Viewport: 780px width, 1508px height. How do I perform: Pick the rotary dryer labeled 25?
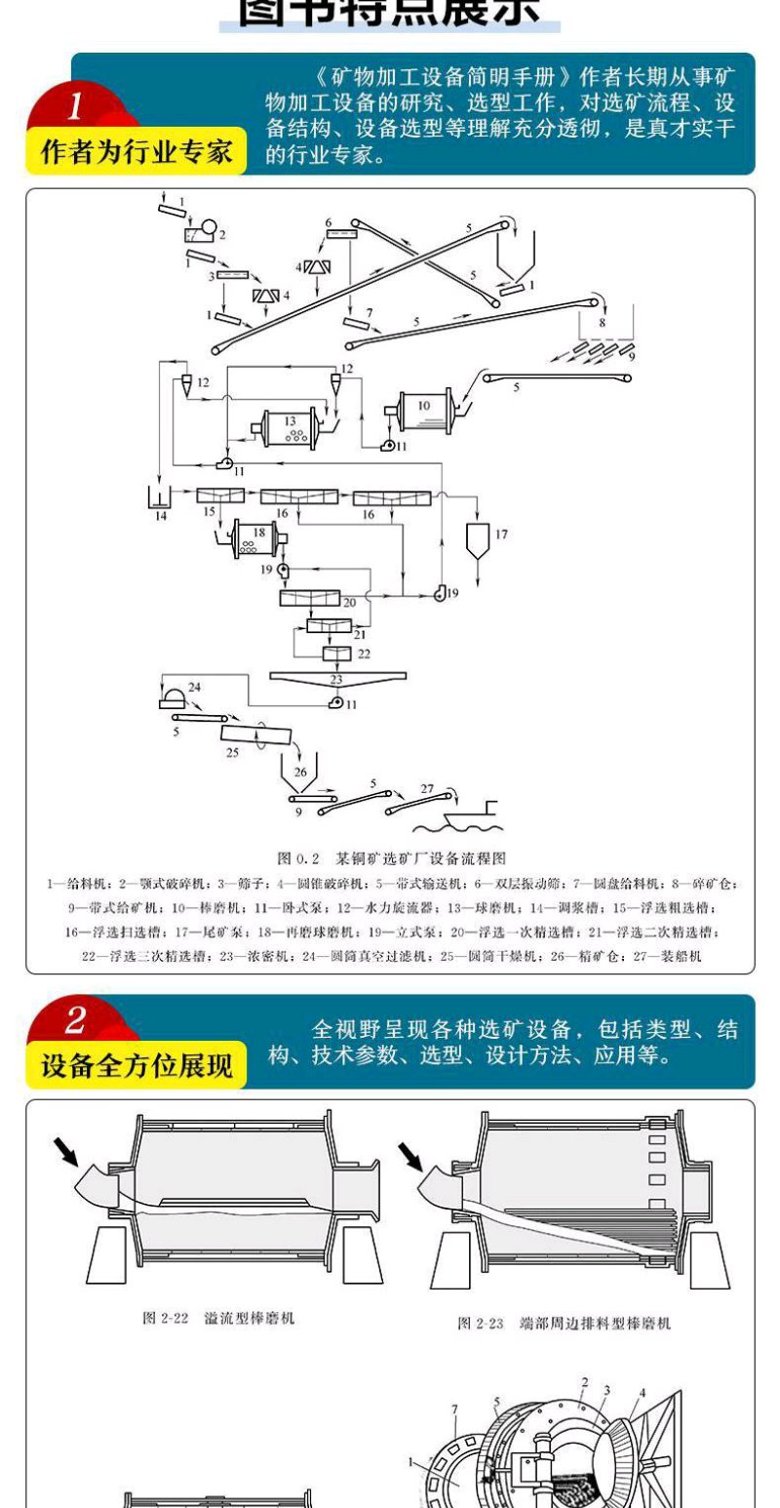[254, 737]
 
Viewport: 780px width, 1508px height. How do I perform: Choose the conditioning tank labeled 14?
[160, 499]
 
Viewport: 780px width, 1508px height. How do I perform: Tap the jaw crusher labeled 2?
[202, 233]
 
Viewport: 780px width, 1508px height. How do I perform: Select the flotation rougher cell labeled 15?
[218, 496]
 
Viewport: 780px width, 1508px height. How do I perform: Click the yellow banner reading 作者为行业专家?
[136, 153]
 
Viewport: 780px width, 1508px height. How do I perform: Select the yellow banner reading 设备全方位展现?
[136, 1066]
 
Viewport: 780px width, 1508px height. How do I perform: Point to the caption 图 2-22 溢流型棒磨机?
[219, 1318]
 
